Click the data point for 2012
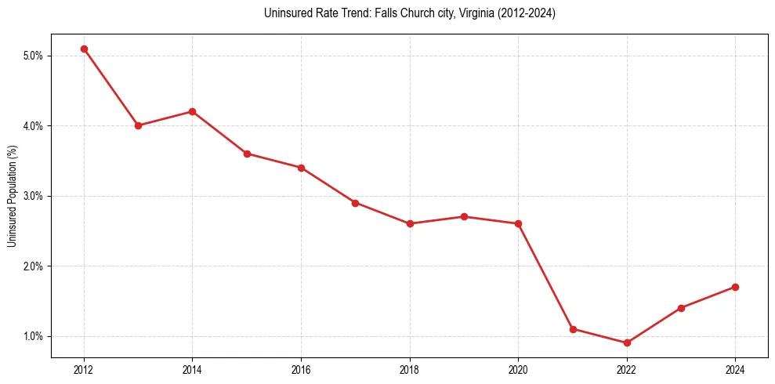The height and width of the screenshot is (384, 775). pos(84,49)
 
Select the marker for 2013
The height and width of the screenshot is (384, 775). pos(138,125)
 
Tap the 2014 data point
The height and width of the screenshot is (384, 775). pos(192,111)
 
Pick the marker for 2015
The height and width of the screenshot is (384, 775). pos(247,154)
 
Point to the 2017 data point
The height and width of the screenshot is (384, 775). pos(355,203)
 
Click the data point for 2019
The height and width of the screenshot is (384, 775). pos(464,216)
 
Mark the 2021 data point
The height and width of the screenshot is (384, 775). pos(573,329)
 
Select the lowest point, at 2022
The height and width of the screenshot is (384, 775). pos(627,342)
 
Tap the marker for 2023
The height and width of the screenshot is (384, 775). pos(681,308)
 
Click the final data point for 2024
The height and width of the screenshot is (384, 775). pos(735,287)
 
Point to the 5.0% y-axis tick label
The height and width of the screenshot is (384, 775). pos(32,56)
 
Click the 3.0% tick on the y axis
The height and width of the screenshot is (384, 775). pos(32,196)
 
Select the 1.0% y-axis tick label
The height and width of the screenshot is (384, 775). pos(32,336)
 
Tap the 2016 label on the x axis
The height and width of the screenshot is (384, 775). pos(301,368)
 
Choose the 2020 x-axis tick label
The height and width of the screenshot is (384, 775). pos(518,368)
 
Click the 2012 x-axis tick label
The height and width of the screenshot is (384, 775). pos(84,368)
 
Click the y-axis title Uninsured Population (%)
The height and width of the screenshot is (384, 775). pos(13,195)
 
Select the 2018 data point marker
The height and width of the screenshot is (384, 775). pos(410,223)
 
